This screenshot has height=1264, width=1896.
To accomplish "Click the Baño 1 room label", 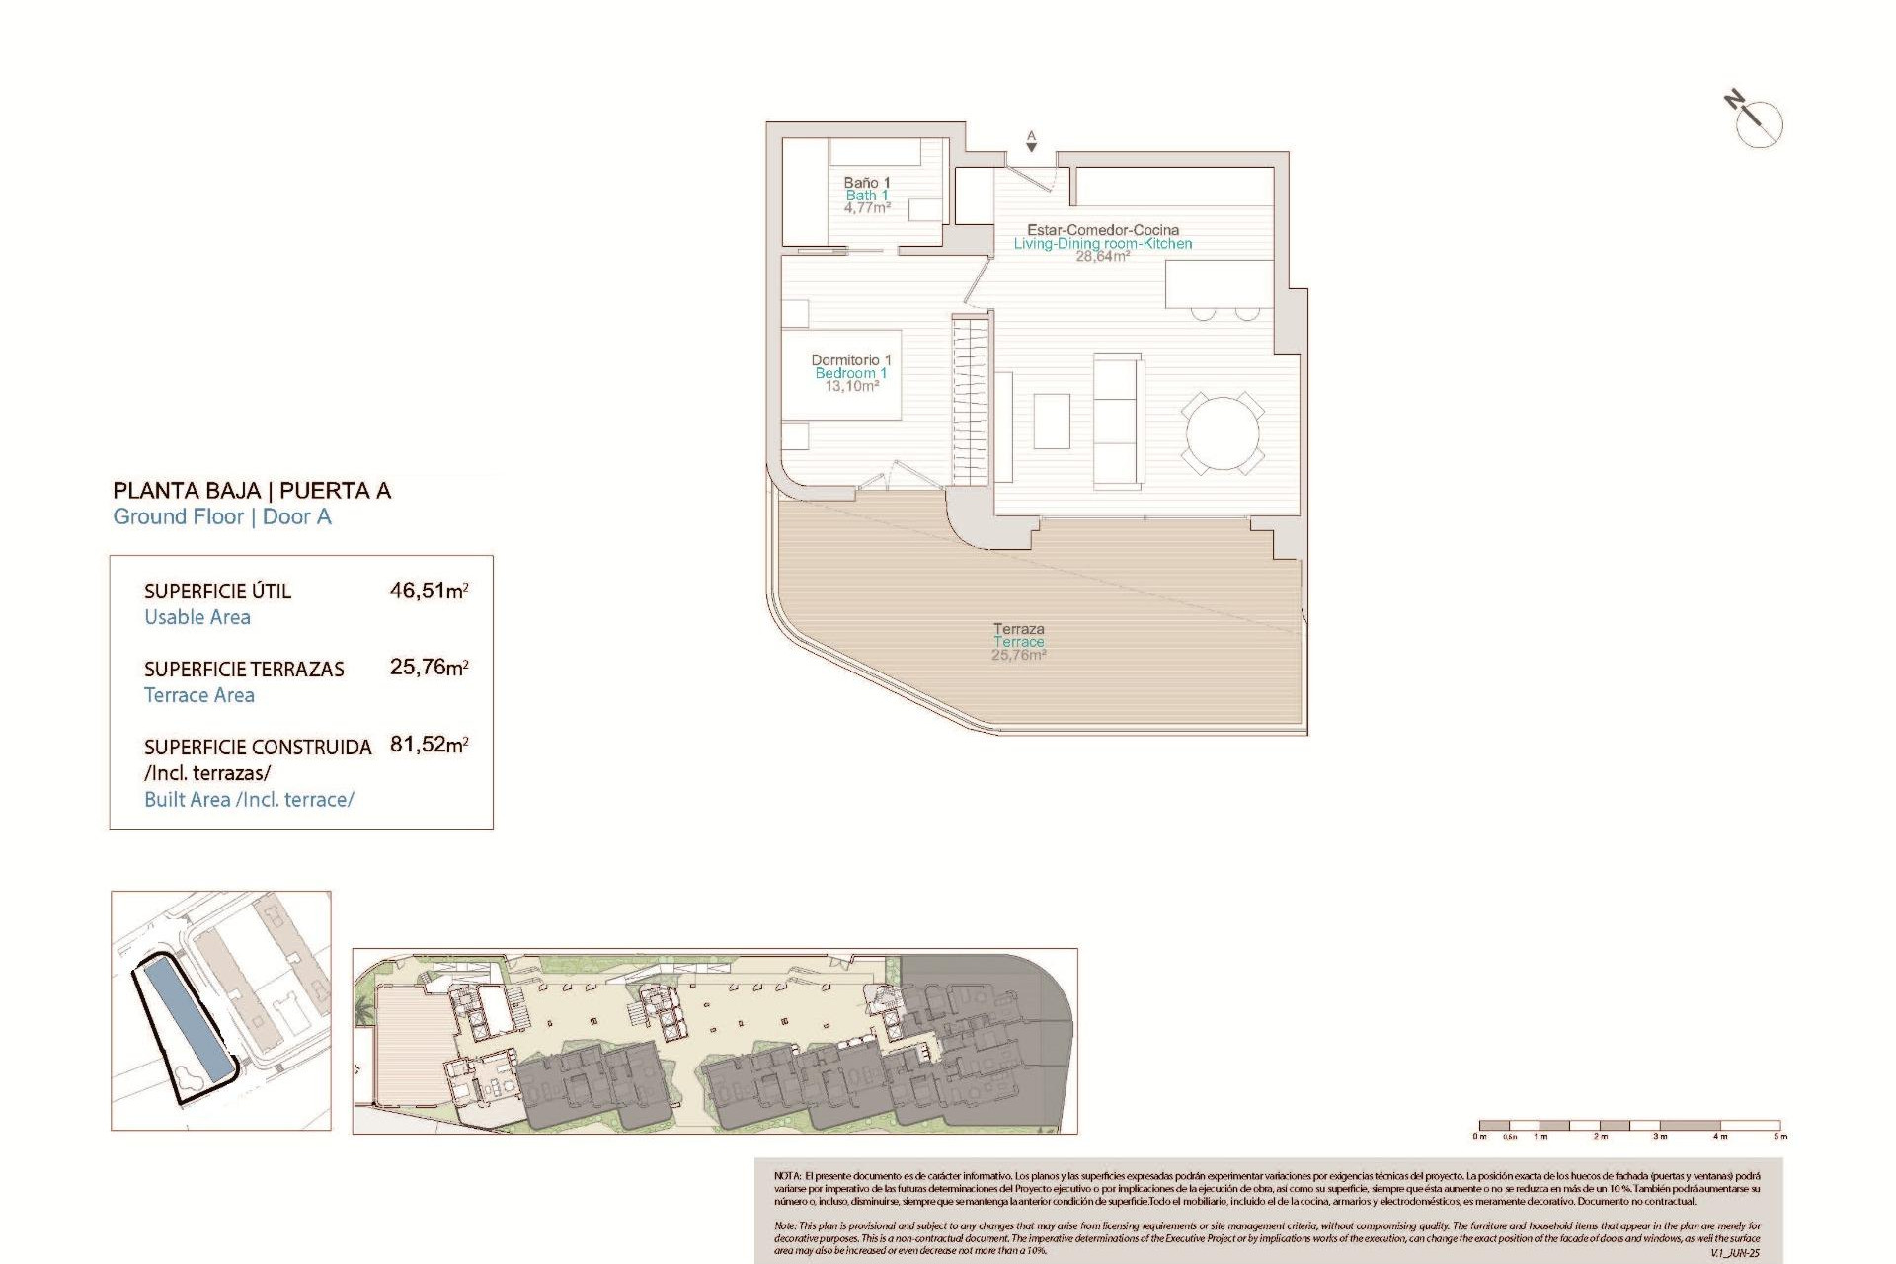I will point(867,183).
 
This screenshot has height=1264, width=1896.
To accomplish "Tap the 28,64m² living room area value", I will point(1102,257).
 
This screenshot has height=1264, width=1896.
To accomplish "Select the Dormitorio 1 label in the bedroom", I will point(851,360).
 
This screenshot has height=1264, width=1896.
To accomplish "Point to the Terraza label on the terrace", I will point(1018,629).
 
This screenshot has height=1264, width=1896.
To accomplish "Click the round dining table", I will point(1223,434).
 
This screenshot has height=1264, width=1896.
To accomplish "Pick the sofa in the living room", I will point(1118,420).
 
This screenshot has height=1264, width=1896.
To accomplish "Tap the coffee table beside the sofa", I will point(1052,422).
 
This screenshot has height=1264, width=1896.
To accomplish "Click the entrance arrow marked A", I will point(1031,143).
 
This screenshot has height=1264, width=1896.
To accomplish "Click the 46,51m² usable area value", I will point(429,591).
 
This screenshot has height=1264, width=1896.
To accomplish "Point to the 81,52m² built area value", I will point(429,745).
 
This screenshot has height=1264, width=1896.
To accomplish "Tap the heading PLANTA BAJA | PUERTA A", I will point(252,491).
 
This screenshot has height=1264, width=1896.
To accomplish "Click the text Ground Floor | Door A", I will point(222,517).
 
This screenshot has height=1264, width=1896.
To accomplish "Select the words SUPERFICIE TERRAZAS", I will point(244,670).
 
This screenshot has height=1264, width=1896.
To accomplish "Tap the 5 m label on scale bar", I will point(1779,1137).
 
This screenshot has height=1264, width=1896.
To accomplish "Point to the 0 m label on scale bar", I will point(1479,1137).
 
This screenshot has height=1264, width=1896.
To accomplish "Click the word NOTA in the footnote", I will point(787,1176).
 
